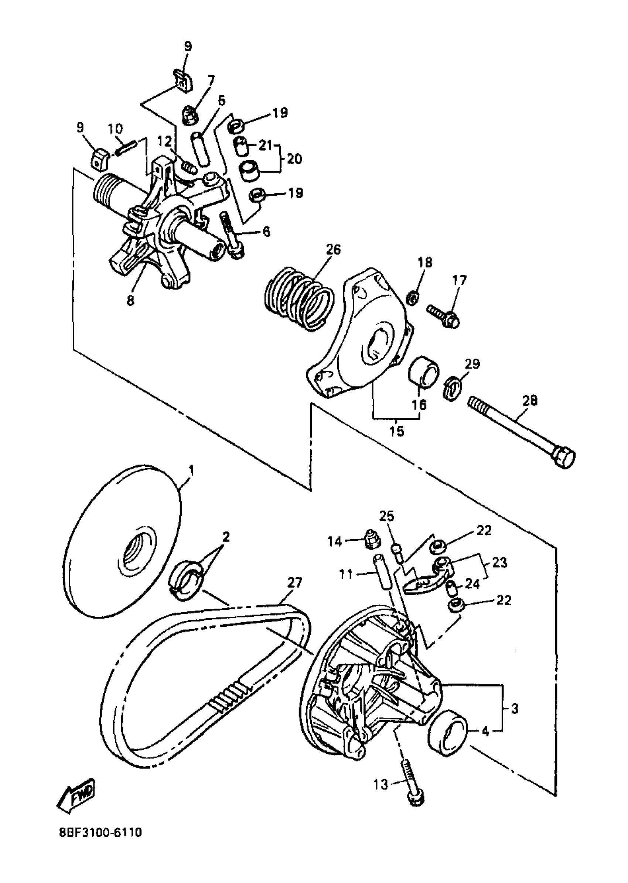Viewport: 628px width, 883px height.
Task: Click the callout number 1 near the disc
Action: point(191,471)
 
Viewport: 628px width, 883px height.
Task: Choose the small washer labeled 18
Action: point(413,298)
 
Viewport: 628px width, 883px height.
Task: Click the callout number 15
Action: point(396,431)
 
